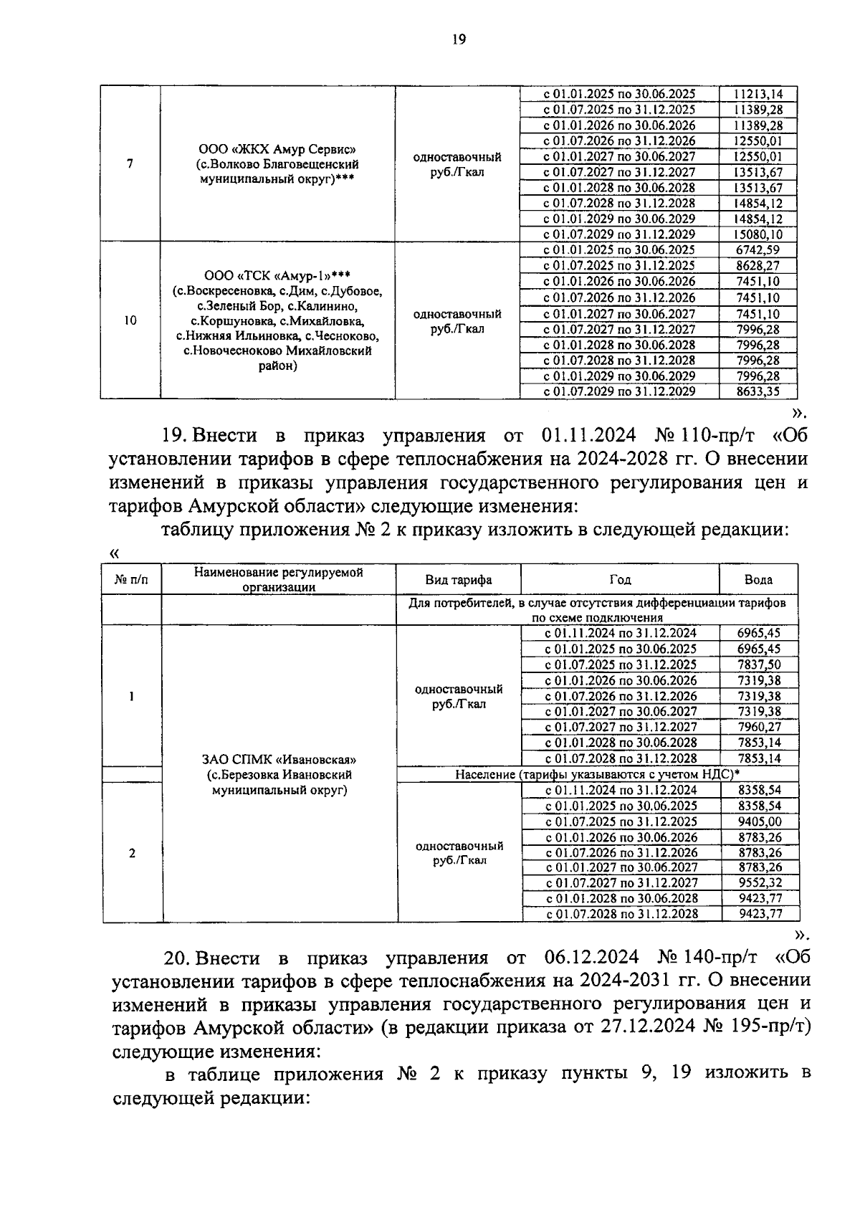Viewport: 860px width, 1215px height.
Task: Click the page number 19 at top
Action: coord(459,40)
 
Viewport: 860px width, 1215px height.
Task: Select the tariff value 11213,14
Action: coord(758,94)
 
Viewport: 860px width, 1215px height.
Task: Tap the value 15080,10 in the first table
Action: coord(758,234)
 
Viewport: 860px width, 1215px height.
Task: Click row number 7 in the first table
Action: coord(130,164)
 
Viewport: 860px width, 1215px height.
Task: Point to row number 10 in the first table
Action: coord(130,320)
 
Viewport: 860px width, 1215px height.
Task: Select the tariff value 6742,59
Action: coord(758,250)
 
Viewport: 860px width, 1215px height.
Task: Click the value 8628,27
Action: coord(758,266)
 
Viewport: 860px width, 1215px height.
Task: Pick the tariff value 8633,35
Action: coord(758,391)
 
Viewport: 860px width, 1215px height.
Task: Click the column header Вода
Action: coord(758,580)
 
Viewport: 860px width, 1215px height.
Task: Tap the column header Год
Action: coord(620,580)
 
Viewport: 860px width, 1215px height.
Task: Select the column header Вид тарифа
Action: coord(459,580)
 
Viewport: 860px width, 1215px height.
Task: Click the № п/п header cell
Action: coord(132,580)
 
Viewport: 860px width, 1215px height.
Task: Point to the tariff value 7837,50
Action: coord(760,664)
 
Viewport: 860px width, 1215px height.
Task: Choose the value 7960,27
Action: coord(760,727)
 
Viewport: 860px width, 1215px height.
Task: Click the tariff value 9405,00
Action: coord(760,821)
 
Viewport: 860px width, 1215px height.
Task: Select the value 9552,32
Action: coord(760,883)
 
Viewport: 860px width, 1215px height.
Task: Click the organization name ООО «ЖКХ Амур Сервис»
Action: coord(277,149)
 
